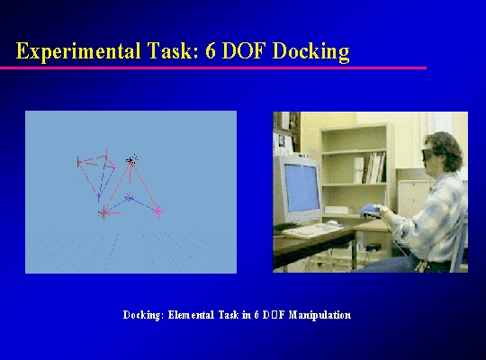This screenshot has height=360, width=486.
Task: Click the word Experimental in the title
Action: click(78, 51)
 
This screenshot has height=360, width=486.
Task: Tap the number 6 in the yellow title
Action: click(211, 51)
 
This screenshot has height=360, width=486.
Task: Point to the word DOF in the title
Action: click(245, 51)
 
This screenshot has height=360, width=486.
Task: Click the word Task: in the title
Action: click(173, 51)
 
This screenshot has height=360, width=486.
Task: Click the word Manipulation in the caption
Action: click(319, 315)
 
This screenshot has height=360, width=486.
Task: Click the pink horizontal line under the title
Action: click(213, 67)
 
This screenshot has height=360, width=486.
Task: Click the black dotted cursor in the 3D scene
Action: click(131, 160)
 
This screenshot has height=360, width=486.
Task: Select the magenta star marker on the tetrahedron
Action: click(158, 211)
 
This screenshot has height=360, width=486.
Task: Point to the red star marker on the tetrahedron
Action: click(104, 212)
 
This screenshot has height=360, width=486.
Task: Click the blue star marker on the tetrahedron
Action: click(129, 197)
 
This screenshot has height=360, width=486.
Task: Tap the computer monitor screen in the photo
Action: click(301, 187)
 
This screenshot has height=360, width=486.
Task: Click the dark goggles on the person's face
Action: click(428, 154)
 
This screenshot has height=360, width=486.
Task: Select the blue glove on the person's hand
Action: click(371, 211)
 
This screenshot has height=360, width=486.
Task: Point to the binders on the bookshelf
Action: click(370, 167)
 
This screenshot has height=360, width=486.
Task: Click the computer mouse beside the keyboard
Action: click(331, 222)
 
